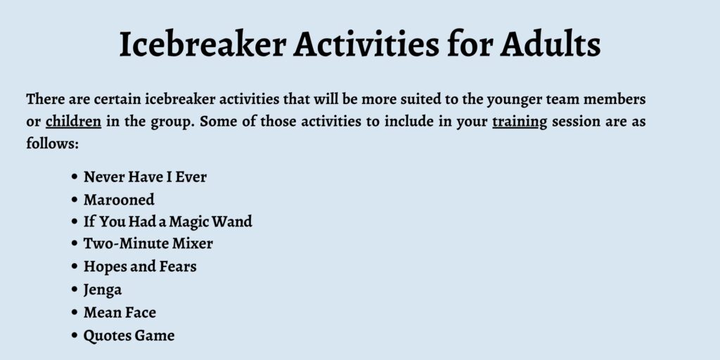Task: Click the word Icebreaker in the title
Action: (202, 44)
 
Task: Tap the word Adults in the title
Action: (551, 44)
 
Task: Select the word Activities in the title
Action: (366, 44)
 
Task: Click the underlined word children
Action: (73, 122)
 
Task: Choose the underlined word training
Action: (520, 122)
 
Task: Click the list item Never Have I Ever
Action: (145, 176)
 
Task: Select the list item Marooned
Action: (119, 200)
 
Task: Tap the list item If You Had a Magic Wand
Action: (168, 221)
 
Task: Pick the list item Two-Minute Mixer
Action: (148, 244)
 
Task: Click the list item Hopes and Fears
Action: (140, 266)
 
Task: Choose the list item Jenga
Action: (103, 290)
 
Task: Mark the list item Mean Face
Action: (120, 313)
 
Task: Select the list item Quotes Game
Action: (129, 335)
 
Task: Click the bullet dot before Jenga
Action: (75, 290)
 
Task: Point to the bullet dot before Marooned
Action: (75, 200)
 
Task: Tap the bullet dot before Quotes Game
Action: (75, 335)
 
